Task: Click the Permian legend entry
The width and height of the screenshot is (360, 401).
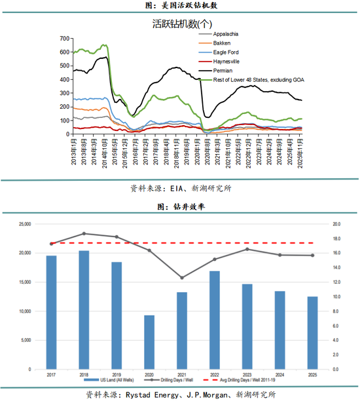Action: [223, 70]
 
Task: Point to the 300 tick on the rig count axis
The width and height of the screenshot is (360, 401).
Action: [63, 93]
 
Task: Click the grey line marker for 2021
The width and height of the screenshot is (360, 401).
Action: [182, 278]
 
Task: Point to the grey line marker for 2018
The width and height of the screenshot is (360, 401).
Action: [84, 233]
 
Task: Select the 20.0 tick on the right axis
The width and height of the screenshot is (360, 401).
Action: [335, 224]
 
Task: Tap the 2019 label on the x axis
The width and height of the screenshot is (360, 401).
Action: [117, 373]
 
